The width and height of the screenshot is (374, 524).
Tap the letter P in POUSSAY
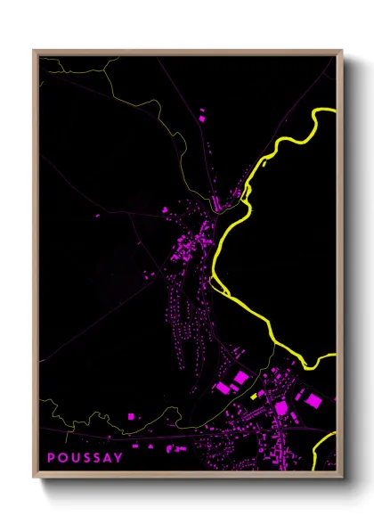click(x=51, y=458)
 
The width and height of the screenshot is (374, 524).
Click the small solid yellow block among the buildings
click(x=254, y=395)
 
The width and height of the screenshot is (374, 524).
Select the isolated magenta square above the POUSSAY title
click(x=131, y=416)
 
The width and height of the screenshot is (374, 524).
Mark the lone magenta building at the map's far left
click(x=96, y=215)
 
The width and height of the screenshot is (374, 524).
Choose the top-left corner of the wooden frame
click(x=34, y=51)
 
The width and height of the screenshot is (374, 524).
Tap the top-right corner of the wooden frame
click(x=341, y=51)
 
